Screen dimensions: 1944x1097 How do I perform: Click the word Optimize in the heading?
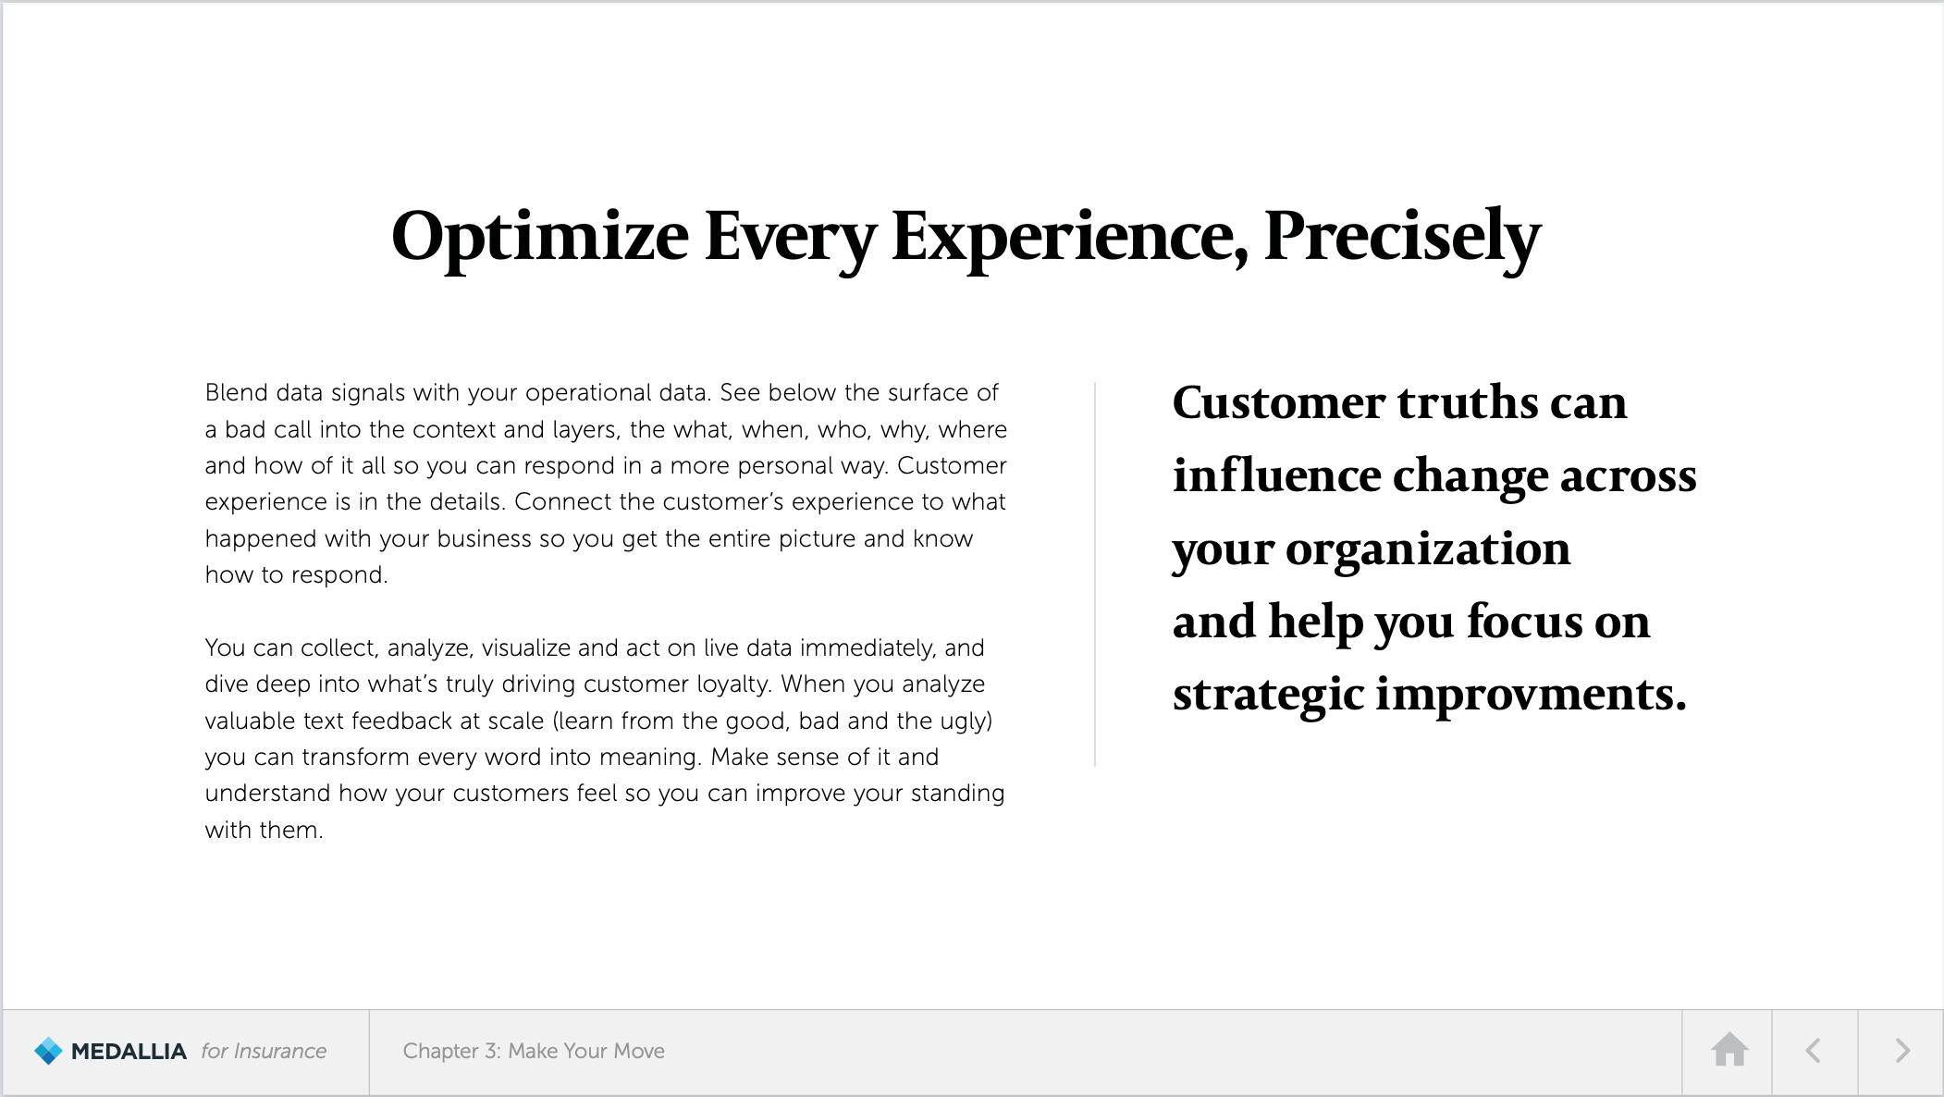pyautogui.click(x=540, y=238)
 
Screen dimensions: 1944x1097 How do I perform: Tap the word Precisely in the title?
pyautogui.click(x=1402, y=238)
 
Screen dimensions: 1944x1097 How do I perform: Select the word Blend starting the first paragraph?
pyautogui.click(x=237, y=392)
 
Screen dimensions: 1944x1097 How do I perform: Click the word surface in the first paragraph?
pyautogui.click(x=928, y=392)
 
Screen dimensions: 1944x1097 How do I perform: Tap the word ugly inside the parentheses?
pyautogui.click(x=966, y=721)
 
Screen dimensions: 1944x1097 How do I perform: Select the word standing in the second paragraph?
pyautogui.click(x=957, y=794)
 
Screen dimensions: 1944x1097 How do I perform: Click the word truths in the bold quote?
pyautogui.click(x=1466, y=402)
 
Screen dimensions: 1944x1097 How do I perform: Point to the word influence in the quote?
pyautogui.click(x=1277, y=475)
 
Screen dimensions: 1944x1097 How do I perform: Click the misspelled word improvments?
pyautogui.click(x=1531, y=695)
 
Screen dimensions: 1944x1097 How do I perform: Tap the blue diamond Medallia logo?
pyautogui.click(x=48, y=1051)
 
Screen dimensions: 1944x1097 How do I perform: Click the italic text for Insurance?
pyautogui.click(x=264, y=1051)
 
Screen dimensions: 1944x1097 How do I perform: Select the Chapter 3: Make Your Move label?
pyautogui.click(x=534, y=1051)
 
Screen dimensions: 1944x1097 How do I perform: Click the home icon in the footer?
pyautogui.click(x=1729, y=1050)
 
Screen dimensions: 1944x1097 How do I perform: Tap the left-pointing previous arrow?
pyautogui.click(x=1813, y=1051)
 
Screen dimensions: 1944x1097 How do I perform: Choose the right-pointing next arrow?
pyautogui.click(x=1901, y=1051)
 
